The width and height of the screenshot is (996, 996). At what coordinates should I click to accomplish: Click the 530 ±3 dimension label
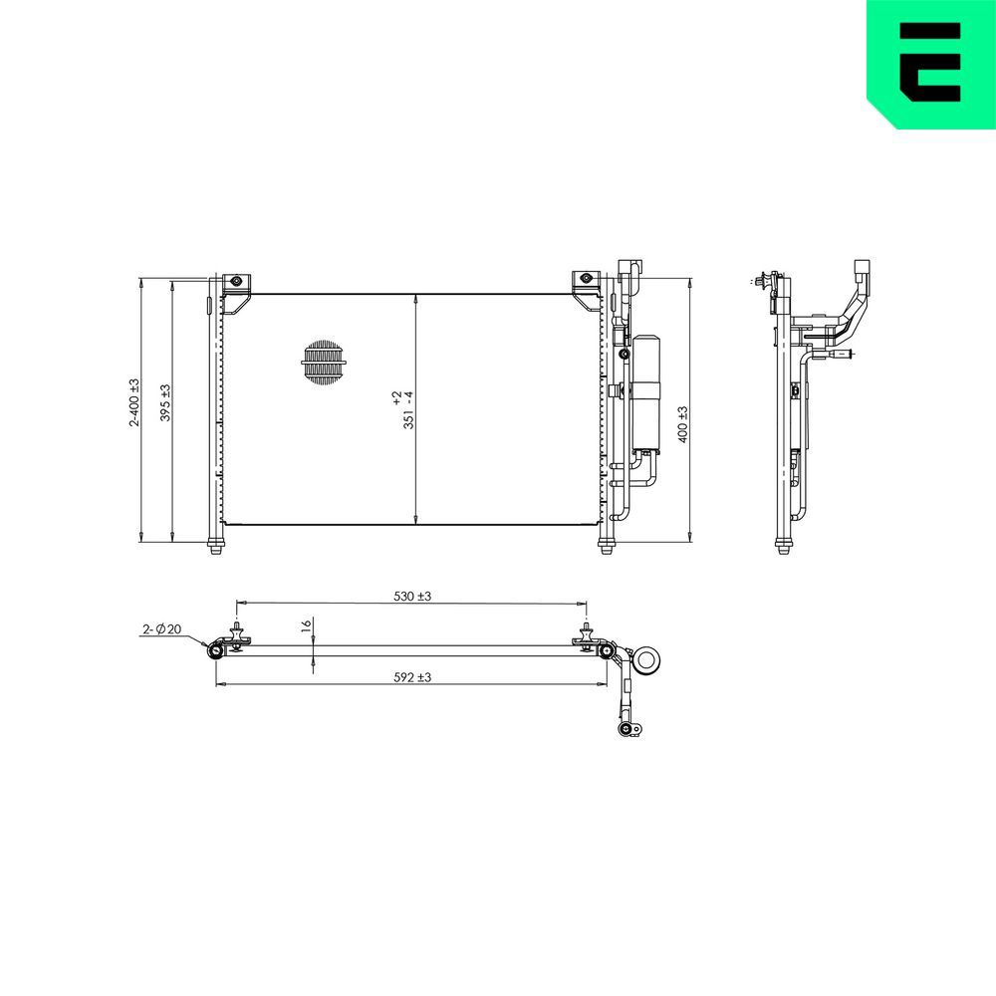(411, 596)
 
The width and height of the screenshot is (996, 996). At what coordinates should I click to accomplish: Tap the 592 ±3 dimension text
(411, 677)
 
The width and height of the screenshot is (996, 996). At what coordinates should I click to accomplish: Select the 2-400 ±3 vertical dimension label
(133, 403)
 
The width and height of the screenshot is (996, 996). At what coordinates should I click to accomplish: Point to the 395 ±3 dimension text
(165, 403)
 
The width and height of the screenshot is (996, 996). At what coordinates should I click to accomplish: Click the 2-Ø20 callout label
(161, 628)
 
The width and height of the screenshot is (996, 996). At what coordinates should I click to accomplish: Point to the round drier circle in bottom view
(648, 658)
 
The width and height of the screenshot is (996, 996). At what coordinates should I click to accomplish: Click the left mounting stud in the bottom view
(237, 635)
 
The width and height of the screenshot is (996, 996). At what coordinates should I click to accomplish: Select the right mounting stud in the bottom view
(586, 635)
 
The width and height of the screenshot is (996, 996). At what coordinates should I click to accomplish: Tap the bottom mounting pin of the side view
(784, 546)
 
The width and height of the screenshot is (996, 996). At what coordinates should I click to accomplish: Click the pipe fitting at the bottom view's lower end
(627, 730)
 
